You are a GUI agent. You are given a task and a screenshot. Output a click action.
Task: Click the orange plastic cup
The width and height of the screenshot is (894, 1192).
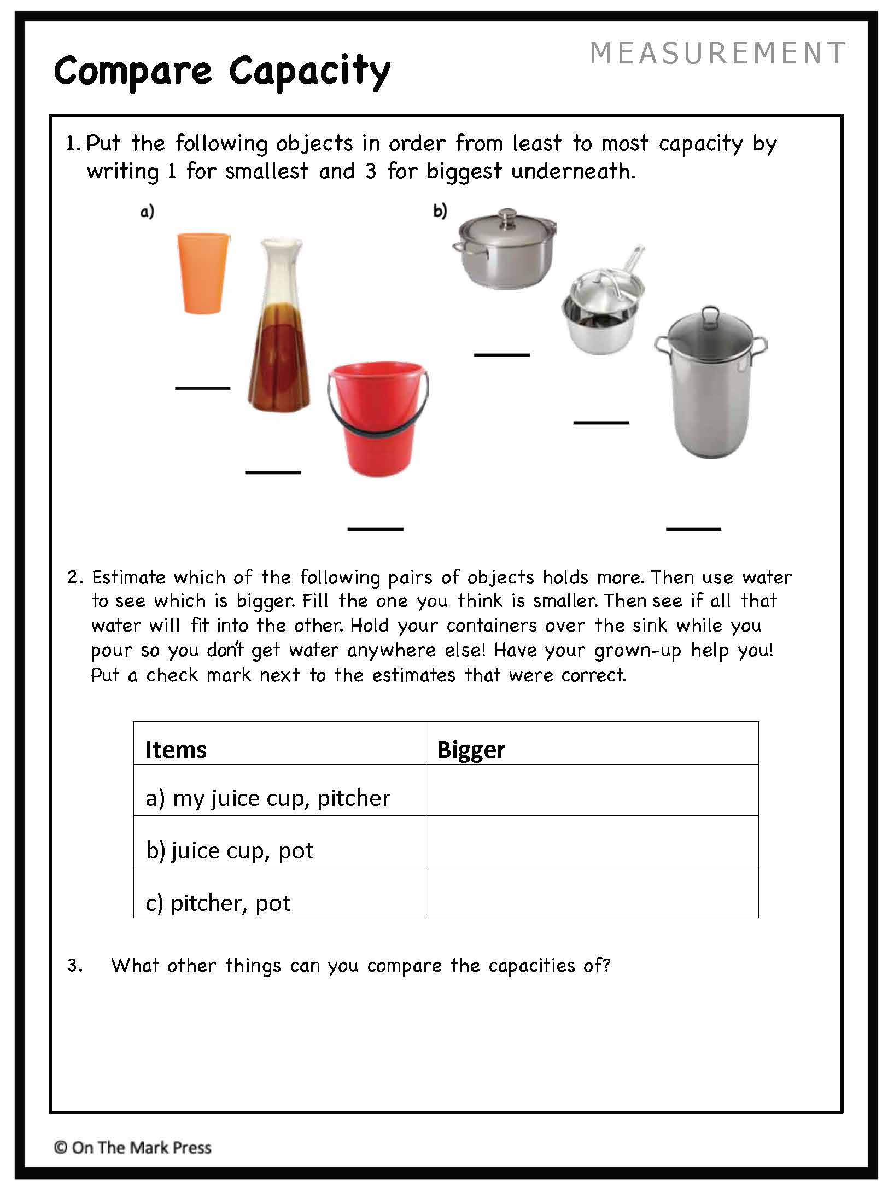pos(203,273)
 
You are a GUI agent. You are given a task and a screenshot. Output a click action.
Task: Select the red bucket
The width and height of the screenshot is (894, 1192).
pos(377,421)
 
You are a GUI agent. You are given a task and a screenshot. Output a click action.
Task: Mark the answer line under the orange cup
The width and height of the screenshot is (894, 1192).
pos(202,388)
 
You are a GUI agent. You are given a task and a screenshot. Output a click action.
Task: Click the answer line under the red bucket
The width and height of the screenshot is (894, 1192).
pos(375,529)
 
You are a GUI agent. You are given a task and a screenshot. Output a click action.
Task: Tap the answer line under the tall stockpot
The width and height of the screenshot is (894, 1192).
pos(693,529)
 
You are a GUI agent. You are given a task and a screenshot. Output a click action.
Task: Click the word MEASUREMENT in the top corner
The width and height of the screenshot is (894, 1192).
pos(717,54)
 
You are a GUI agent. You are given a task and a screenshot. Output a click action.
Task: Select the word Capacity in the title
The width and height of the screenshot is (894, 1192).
pos(309,71)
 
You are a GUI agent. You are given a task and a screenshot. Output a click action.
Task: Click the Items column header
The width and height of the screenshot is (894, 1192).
pos(176,750)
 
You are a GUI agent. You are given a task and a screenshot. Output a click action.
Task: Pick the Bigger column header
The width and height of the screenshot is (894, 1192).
pos(471,750)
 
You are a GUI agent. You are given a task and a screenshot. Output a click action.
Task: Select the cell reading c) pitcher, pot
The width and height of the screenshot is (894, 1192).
pos(218,903)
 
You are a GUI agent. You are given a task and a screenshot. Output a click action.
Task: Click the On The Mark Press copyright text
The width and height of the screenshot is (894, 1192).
pos(133,1148)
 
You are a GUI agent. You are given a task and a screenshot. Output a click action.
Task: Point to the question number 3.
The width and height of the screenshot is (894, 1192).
pos(74,966)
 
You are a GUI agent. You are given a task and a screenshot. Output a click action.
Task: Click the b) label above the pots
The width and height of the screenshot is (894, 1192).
pos(440,211)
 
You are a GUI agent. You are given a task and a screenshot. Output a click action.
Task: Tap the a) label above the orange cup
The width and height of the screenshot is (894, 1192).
pos(147,212)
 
